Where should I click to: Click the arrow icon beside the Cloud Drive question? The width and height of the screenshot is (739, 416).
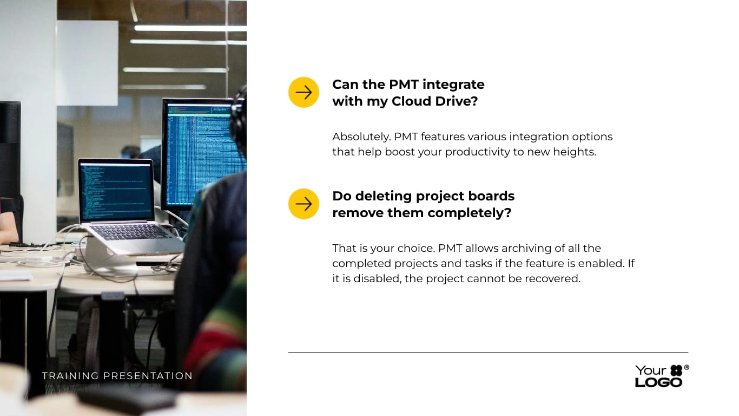point(303,92)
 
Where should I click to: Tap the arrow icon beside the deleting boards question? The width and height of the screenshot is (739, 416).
point(303,204)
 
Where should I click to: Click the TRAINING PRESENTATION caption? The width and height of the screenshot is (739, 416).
point(117,376)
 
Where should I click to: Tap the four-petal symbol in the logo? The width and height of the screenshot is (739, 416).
point(676,370)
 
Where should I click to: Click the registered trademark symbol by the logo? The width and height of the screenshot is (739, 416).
point(687,367)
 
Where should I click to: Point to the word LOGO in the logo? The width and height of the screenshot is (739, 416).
point(658,382)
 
